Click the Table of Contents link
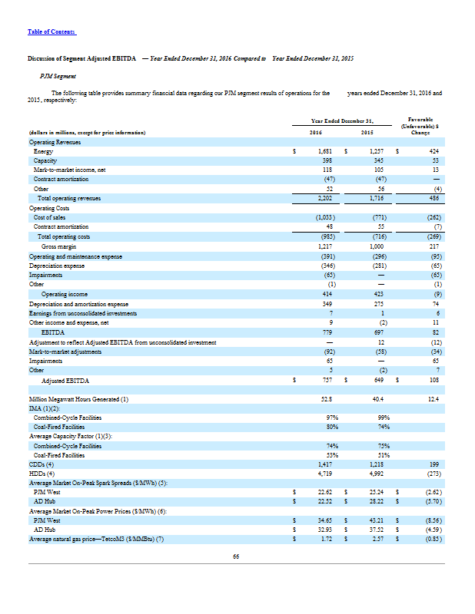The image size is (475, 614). [x=51, y=31]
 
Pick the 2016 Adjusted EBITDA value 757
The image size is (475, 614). [x=324, y=380]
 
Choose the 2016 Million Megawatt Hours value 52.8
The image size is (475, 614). [x=324, y=398]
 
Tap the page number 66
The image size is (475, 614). [x=237, y=556]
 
